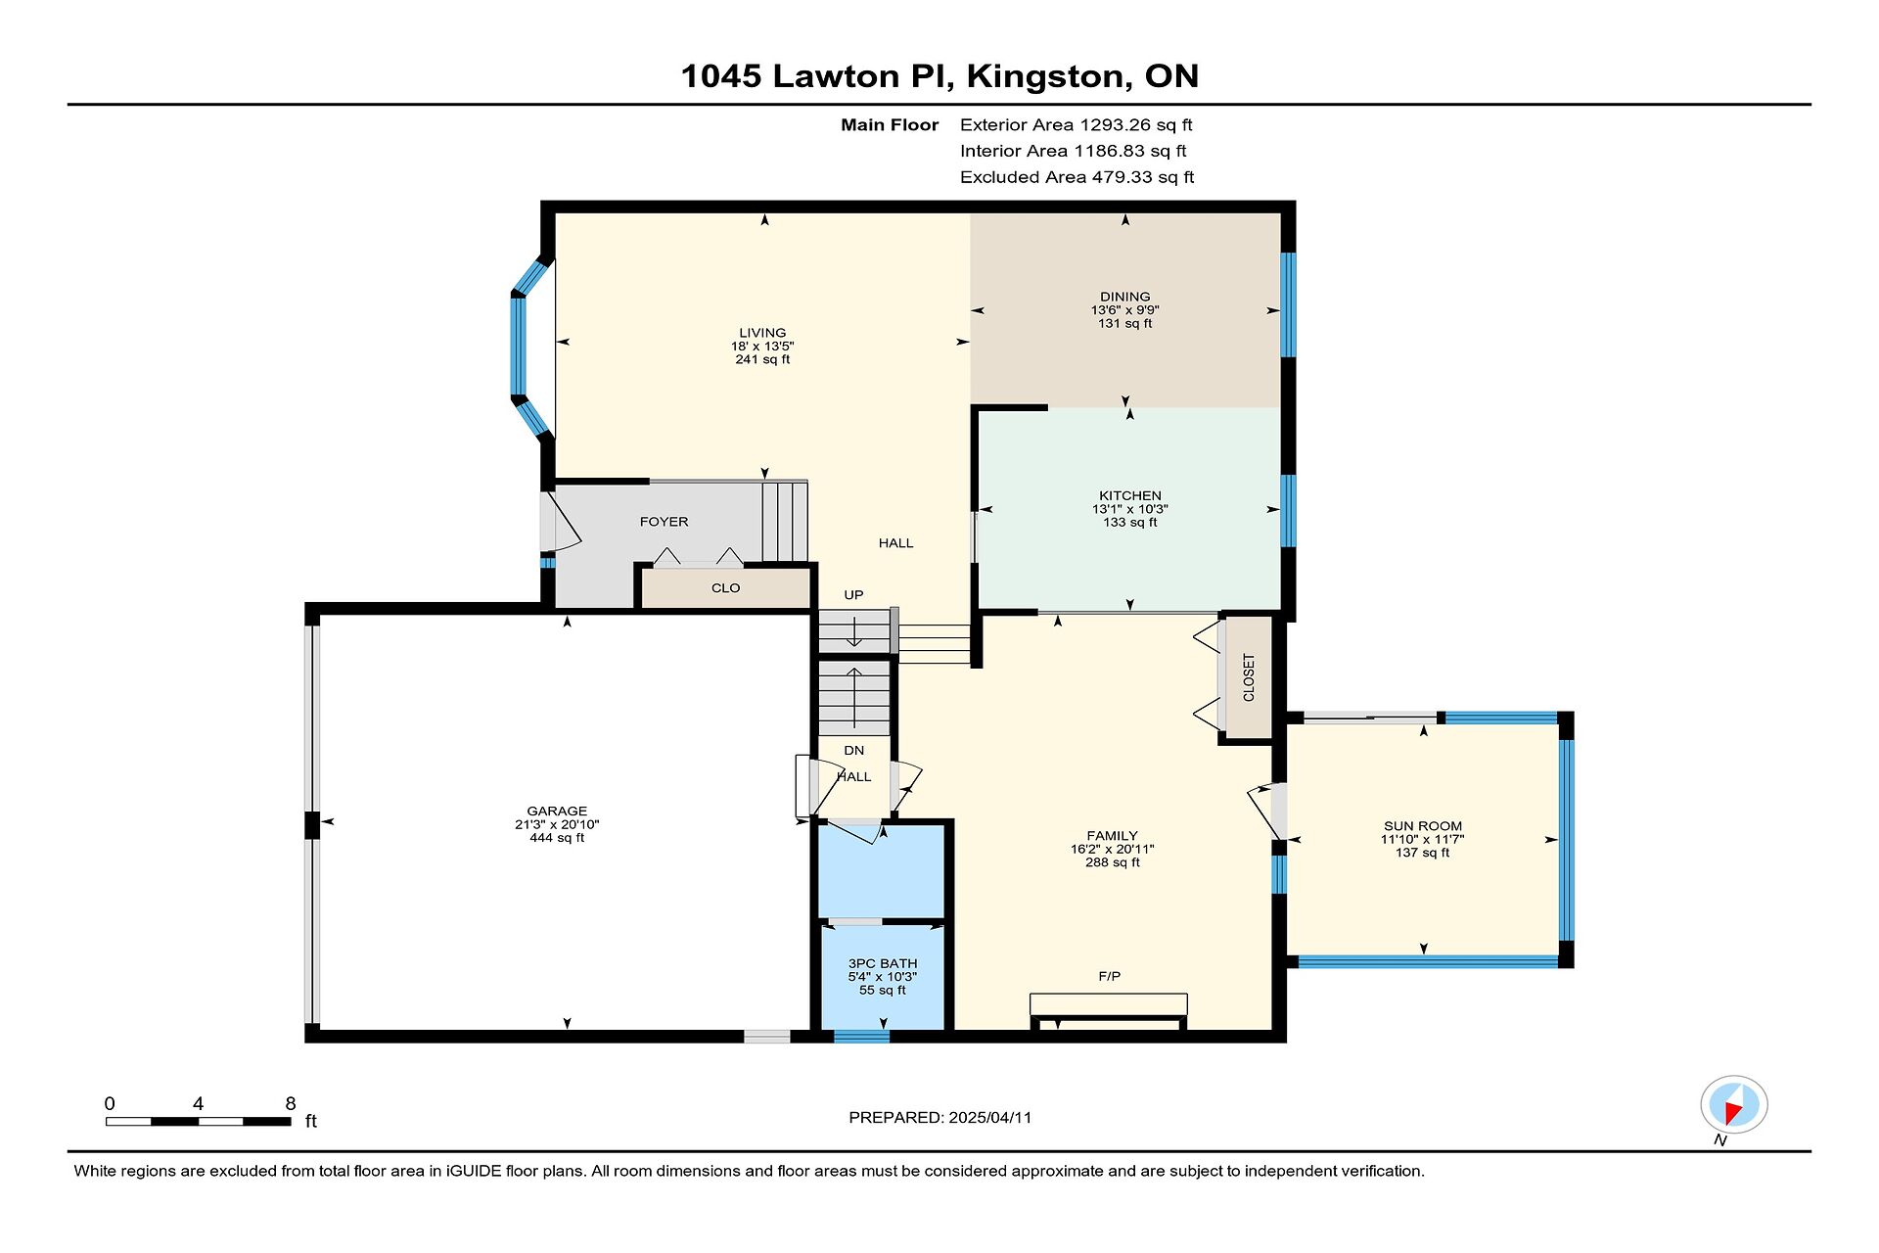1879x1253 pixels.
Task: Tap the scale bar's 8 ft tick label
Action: [x=291, y=1103]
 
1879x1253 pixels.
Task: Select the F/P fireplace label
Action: [x=1109, y=976]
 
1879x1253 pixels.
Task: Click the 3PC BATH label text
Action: [x=883, y=963]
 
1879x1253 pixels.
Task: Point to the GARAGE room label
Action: [x=557, y=811]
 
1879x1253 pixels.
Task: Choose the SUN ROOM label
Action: [x=1423, y=826]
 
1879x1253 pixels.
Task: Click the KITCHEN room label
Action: [x=1130, y=495]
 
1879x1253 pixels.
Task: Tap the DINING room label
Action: [x=1125, y=297]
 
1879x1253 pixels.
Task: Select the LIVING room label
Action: [x=762, y=333]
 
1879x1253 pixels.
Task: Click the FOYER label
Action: [x=665, y=522]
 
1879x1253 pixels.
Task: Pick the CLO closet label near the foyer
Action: [x=726, y=588]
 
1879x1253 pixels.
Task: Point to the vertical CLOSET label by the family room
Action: [x=1249, y=677]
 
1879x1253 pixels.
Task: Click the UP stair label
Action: [x=853, y=595]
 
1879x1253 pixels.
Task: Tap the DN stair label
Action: [x=854, y=751]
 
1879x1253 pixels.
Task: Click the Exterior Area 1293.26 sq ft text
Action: [x=1077, y=124]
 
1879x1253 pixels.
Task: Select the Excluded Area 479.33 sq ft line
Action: [x=1077, y=177]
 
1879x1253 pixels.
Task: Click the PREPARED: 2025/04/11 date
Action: [x=940, y=1117]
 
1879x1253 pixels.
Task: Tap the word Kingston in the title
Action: [x=1044, y=76]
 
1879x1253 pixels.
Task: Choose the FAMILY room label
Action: [x=1113, y=836]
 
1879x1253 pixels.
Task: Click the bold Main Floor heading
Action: [x=890, y=124]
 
